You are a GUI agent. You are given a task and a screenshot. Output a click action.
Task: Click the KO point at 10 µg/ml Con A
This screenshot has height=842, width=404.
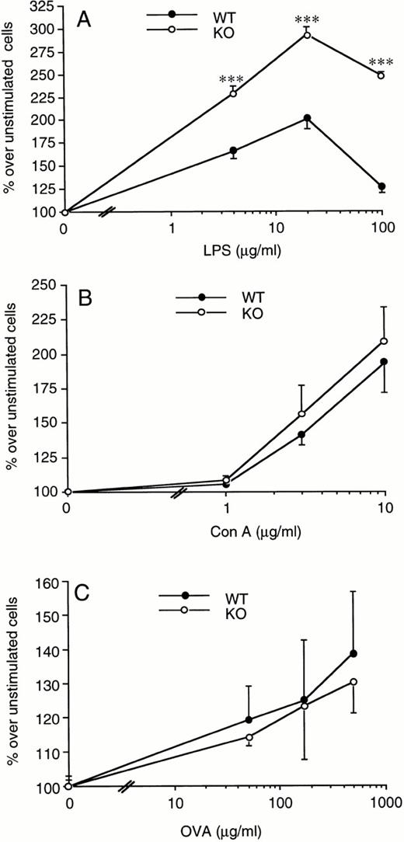[x=383, y=341]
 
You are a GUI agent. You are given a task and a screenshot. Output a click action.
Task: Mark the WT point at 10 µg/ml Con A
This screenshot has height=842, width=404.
[x=383, y=362]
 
